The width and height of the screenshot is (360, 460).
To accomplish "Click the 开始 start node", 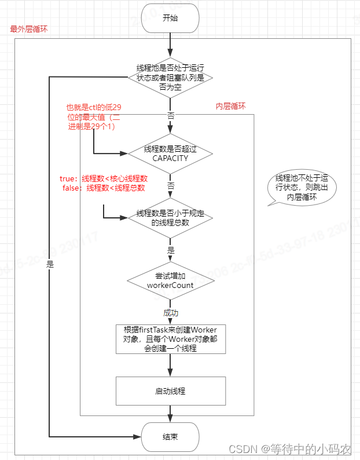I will click(x=170, y=18).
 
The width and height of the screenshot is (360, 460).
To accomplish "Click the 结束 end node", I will click(x=170, y=436).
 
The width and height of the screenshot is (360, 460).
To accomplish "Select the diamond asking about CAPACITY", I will click(x=170, y=154).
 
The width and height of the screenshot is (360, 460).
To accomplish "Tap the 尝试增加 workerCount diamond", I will click(x=170, y=280).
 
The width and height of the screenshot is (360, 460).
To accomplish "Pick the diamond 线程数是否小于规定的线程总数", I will click(x=170, y=218).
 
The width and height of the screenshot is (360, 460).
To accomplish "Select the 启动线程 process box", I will click(x=170, y=391).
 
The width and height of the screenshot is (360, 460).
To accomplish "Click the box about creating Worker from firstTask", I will click(x=170, y=339).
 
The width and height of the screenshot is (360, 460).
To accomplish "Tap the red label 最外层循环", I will click(x=29, y=28).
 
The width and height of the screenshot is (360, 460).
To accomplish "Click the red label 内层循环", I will click(x=231, y=107).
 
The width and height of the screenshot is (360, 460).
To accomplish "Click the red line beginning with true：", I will click(x=104, y=178).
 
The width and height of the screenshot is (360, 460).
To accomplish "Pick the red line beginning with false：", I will click(x=104, y=188).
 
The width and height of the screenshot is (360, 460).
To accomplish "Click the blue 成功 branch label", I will click(x=170, y=313).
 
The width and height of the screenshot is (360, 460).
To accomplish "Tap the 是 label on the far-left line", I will click(x=50, y=264).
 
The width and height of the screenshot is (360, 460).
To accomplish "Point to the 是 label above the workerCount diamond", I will click(x=170, y=250).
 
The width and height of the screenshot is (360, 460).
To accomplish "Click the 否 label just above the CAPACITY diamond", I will click(x=170, y=116).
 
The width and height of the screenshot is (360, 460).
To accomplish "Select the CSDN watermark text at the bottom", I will click(x=289, y=449).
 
